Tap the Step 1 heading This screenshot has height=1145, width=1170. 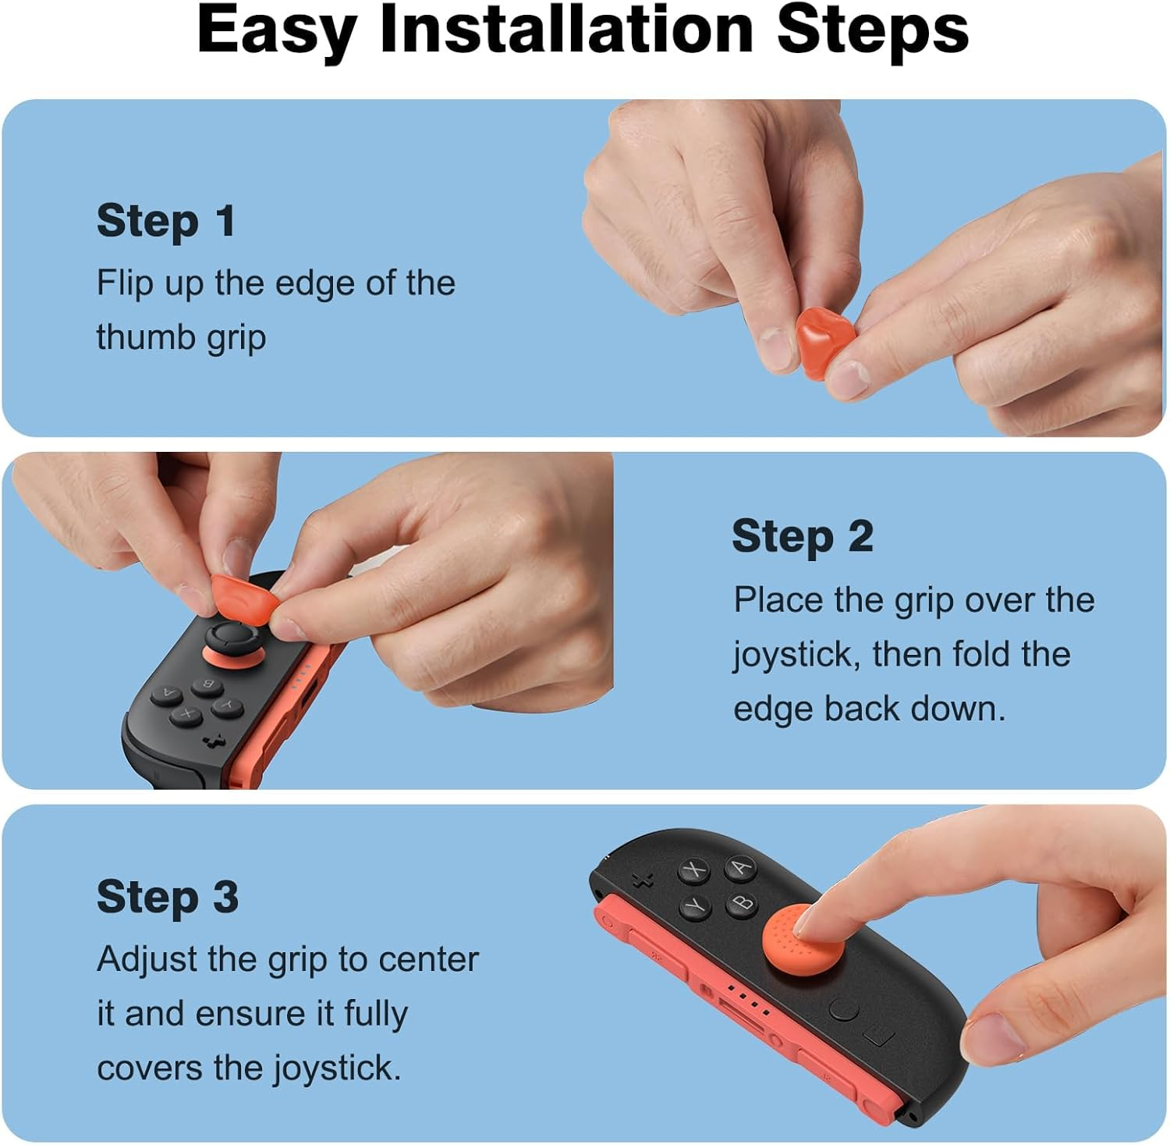[x=165, y=221]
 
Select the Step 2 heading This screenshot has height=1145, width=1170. [x=802, y=536]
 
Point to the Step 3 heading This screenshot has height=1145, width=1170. [x=167, y=897]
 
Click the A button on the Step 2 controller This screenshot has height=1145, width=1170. [x=167, y=692]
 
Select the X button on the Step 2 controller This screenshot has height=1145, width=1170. [x=187, y=713]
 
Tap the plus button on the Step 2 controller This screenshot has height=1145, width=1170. [x=212, y=740]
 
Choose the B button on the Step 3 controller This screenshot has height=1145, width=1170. [x=742, y=903]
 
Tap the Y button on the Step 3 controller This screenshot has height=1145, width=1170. [x=693, y=906]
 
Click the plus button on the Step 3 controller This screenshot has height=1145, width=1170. [x=642, y=880]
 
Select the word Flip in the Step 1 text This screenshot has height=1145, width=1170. [x=125, y=283]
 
